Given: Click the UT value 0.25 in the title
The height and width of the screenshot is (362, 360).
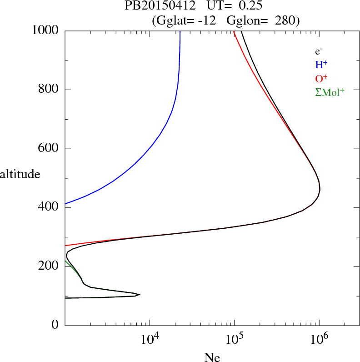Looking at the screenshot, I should [249, 6].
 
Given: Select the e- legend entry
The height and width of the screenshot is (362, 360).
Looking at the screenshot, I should [319, 51].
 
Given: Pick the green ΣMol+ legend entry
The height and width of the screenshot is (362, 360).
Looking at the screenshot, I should [330, 92].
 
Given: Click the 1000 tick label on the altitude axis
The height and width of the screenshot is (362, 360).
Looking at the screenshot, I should [46, 30].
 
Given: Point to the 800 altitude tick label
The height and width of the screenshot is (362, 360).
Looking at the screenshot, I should [49, 90].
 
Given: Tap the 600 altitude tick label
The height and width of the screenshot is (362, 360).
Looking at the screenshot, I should [49, 149].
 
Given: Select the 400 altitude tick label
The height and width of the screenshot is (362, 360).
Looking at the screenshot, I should [49, 208].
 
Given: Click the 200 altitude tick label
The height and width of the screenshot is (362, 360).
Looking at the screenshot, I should [49, 266].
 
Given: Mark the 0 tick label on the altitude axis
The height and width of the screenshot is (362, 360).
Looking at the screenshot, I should [55, 325].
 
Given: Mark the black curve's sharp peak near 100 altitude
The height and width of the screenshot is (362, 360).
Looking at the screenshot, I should [139, 294].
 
